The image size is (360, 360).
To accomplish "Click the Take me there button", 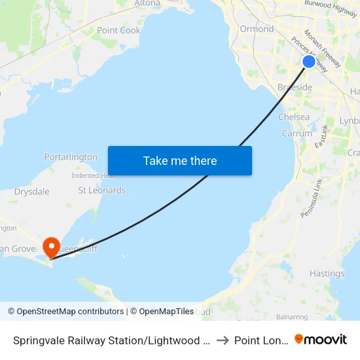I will (x=180, y=160).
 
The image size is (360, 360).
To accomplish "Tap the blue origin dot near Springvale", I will (x=308, y=62).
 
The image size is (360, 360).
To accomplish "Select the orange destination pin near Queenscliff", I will (x=51, y=247).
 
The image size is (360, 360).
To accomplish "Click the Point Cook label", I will (x=118, y=30).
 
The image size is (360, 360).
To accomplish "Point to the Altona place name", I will (x=147, y=3).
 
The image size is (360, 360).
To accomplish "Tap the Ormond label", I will (x=257, y=29).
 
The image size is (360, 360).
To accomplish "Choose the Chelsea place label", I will (x=294, y=117).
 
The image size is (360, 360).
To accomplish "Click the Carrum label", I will (x=297, y=133).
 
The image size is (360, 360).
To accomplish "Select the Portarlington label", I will (x=71, y=157).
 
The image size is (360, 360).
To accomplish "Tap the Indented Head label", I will (x=94, y=175).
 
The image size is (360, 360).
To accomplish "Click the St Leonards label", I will (x=101, y=190).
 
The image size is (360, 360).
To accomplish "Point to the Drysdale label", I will (x=32, y=192).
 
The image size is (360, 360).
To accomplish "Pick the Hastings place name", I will (x=327, y=274).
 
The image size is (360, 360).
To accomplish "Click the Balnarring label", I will (x=292, y=317).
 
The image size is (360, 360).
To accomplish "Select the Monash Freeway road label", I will (x=323, y=49).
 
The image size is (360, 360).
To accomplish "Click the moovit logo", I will (x=321, y=339).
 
